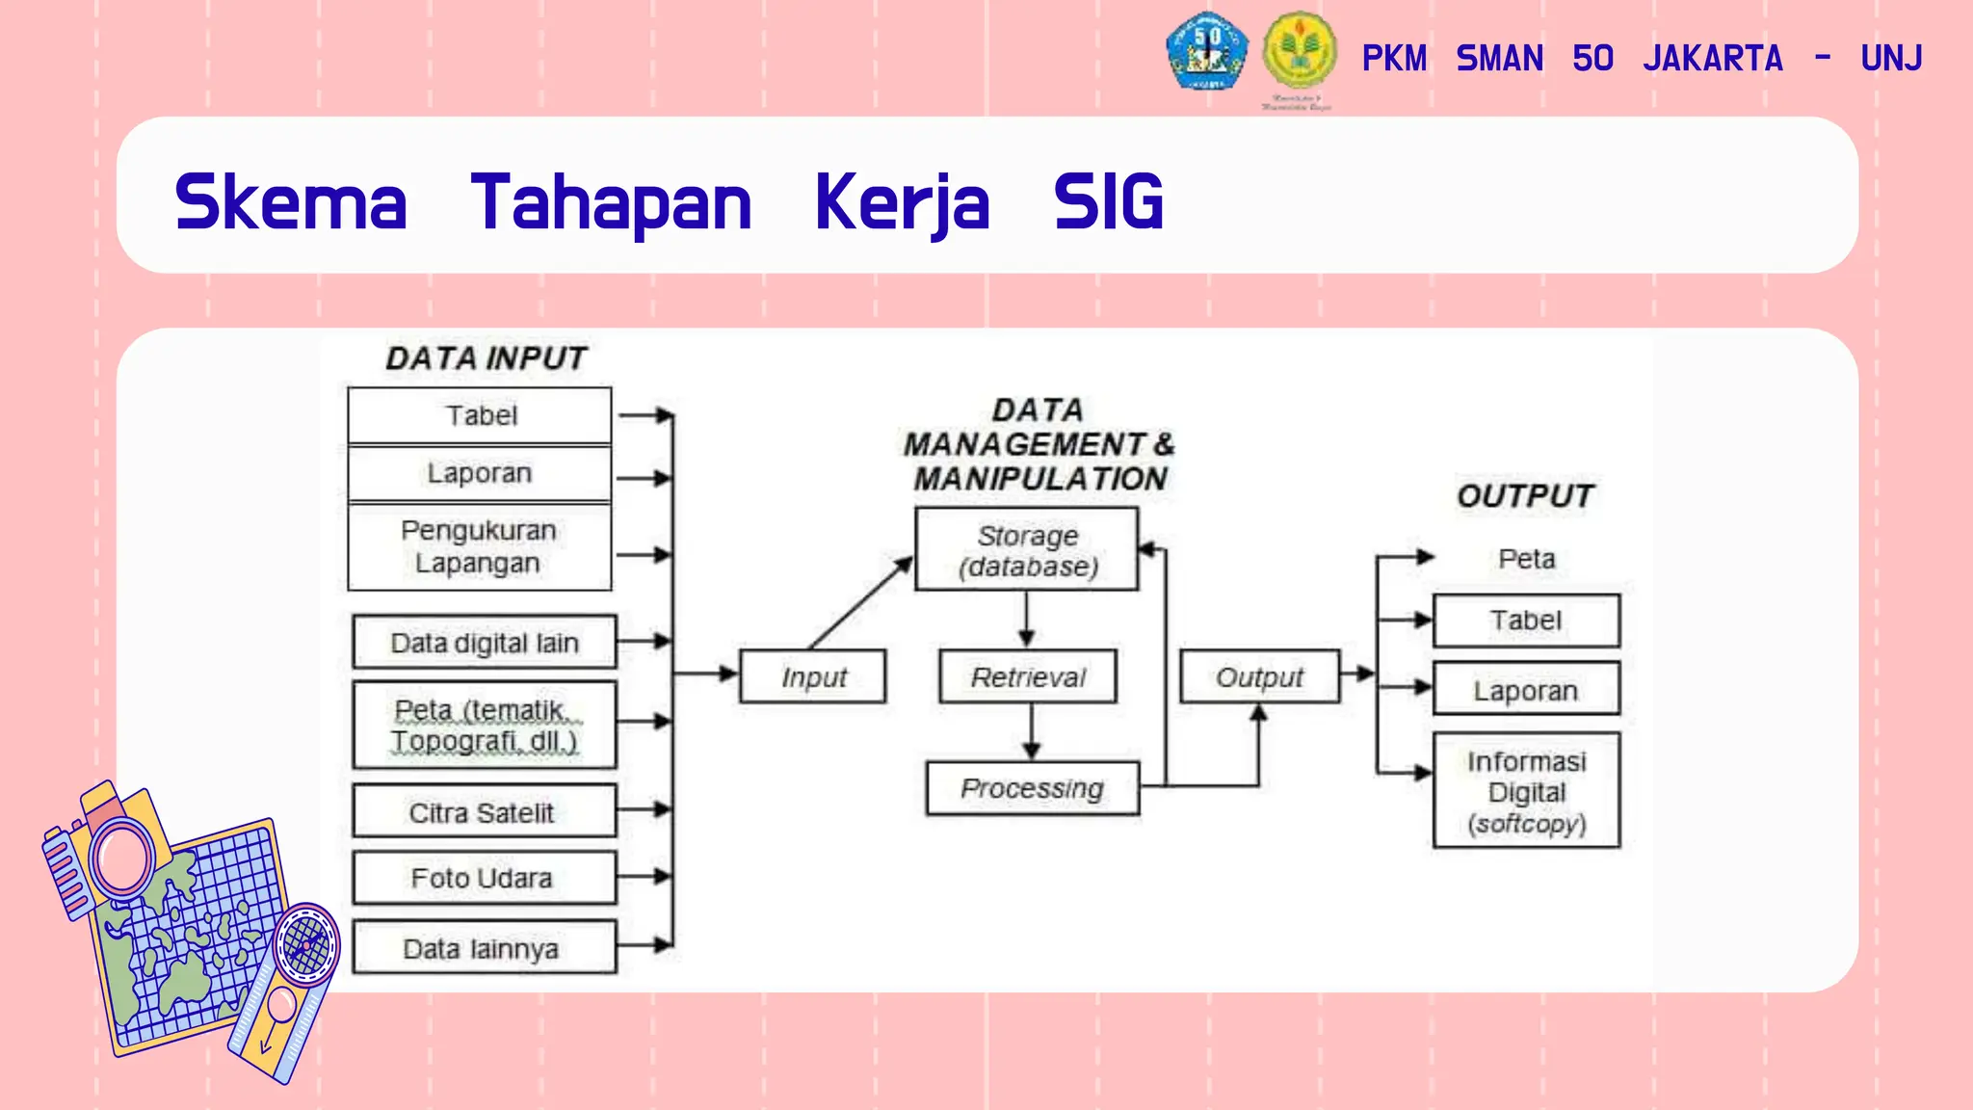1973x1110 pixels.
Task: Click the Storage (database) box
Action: pos(1026,549)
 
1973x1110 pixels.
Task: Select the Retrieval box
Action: pos(1028,676)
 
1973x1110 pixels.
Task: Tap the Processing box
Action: pos(1032,788)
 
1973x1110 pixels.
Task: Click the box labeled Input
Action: pos(812,676)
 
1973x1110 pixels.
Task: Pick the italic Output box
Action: pos(1259,676)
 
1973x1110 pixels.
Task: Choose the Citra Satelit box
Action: pos(484,811)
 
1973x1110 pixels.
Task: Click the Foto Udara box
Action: pos(484,878)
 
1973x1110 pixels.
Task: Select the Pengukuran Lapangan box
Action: pos(479,546)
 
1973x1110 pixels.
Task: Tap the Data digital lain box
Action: pos(484,642)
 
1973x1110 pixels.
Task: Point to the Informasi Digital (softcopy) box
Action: pos(1526,791)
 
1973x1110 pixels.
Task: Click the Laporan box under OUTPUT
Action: pos(1526,689)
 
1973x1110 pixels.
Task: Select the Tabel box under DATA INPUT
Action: pos(479,415)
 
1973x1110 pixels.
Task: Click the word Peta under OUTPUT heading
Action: pos(1526,559)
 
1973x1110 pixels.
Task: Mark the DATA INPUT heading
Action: pos(486,358)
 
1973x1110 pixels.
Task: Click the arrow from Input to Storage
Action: pos(860,603)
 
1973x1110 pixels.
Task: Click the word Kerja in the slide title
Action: pos(902,203)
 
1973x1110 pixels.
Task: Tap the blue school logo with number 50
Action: pos(1206,51)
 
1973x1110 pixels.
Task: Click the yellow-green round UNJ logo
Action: pos(1299,51)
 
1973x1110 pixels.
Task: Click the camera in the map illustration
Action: pos(108,848)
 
